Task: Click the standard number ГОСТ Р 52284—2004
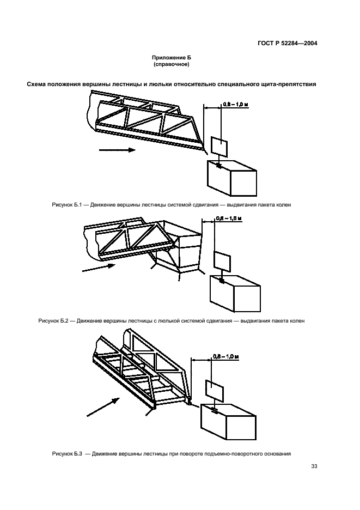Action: pos(287,43)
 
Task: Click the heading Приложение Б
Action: pos(172,58)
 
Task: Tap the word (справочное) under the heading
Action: pos(172,64)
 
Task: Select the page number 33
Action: pos(314,466)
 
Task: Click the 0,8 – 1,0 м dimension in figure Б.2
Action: pos(229,218)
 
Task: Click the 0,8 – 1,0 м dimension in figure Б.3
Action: pos(226,356)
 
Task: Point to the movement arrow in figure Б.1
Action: pos(117,150)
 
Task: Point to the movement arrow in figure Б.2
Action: pos(99,268)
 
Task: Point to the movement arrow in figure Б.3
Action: pos(103,407)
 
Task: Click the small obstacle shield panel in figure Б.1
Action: pos(219,147)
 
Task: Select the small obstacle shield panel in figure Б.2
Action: pos(222,261)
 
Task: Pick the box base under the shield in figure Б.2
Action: pos(235,293)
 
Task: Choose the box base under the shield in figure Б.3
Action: pos(229,422)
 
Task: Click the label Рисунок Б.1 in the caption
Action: pos(66,205)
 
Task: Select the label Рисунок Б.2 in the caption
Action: pos(53,321)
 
